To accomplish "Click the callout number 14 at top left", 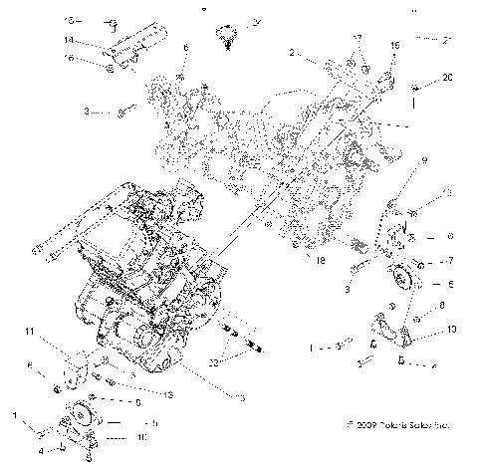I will tap(69, 40).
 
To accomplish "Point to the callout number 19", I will tap(394, 46).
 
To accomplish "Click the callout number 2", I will tap(291, 51).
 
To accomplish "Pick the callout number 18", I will tap(321, 261).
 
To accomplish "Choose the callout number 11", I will tap(31, 330).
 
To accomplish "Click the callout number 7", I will tap(450, 261).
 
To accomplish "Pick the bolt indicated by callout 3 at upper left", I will tap(121, 112).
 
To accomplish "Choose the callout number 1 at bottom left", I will tap(14, 412).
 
